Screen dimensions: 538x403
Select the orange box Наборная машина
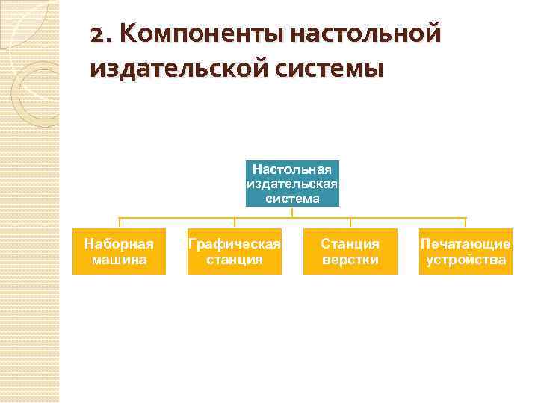[119, 252]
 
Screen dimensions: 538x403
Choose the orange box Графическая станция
[235, 252]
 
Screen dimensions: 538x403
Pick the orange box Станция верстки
[350, 252]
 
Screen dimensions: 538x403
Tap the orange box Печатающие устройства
[466, 252]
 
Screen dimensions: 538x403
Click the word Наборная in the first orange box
[119, 244]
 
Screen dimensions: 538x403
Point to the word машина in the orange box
[119, 260]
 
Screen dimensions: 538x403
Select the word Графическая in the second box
[235, 244]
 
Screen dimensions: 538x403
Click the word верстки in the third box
[350, 260]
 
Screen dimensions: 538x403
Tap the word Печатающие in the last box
[466, 244]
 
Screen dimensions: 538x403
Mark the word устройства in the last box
[466, 260]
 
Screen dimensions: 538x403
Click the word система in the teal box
[292, 199]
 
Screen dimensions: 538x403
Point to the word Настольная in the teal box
[292, 169]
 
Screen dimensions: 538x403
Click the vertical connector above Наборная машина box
[120, 223]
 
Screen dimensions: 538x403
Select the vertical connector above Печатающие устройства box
[466, 223]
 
